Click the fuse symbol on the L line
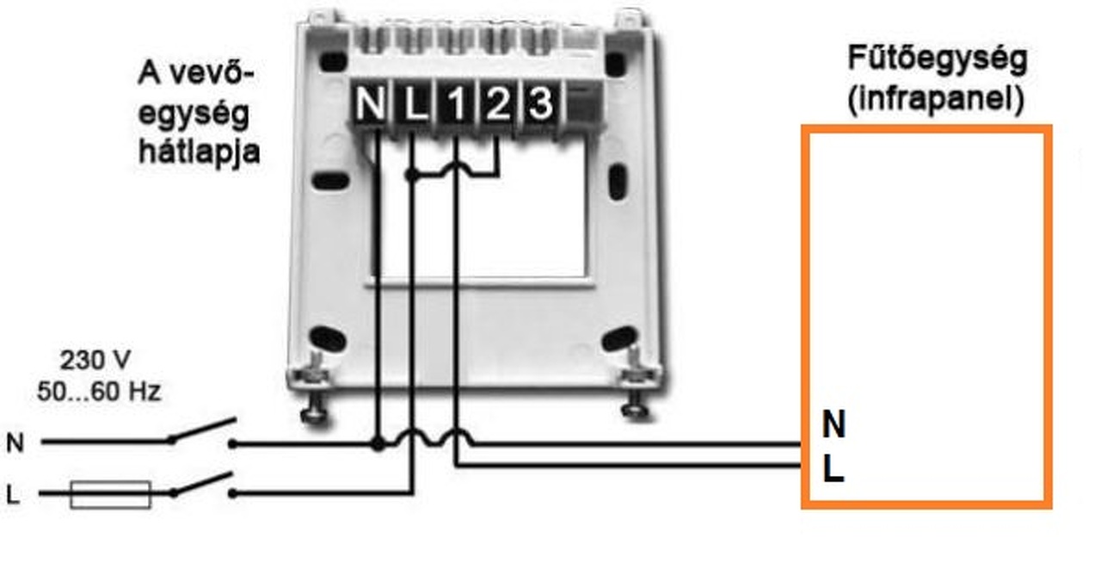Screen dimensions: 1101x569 pos(110,494)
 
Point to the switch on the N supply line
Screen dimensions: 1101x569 pos(203,432)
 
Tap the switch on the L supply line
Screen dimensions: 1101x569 pos(203,484)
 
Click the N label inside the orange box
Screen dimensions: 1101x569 pos(833,424)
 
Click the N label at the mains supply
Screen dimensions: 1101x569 pos(15,443)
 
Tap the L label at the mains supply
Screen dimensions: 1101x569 pos(13,495)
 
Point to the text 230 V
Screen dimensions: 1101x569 pos(95,360)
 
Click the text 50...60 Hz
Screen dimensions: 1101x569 pos(99,392)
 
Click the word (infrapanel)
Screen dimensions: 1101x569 pos(936,101)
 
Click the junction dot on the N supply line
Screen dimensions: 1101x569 pos(377,444)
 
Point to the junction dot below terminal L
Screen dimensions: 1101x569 pos(413,175)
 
